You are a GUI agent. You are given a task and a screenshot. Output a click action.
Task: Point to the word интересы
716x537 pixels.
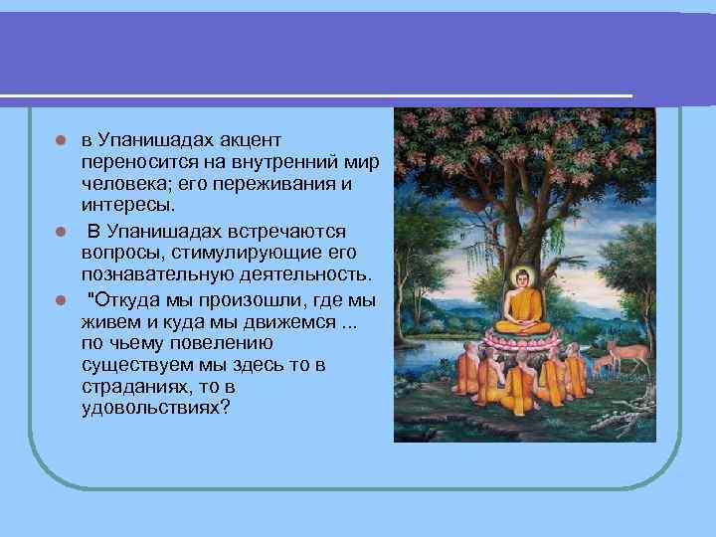(128, 206)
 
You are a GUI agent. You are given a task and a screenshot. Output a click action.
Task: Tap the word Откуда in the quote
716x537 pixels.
(126, 297)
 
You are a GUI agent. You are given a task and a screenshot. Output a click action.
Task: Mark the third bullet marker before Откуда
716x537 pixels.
(61, 298)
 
